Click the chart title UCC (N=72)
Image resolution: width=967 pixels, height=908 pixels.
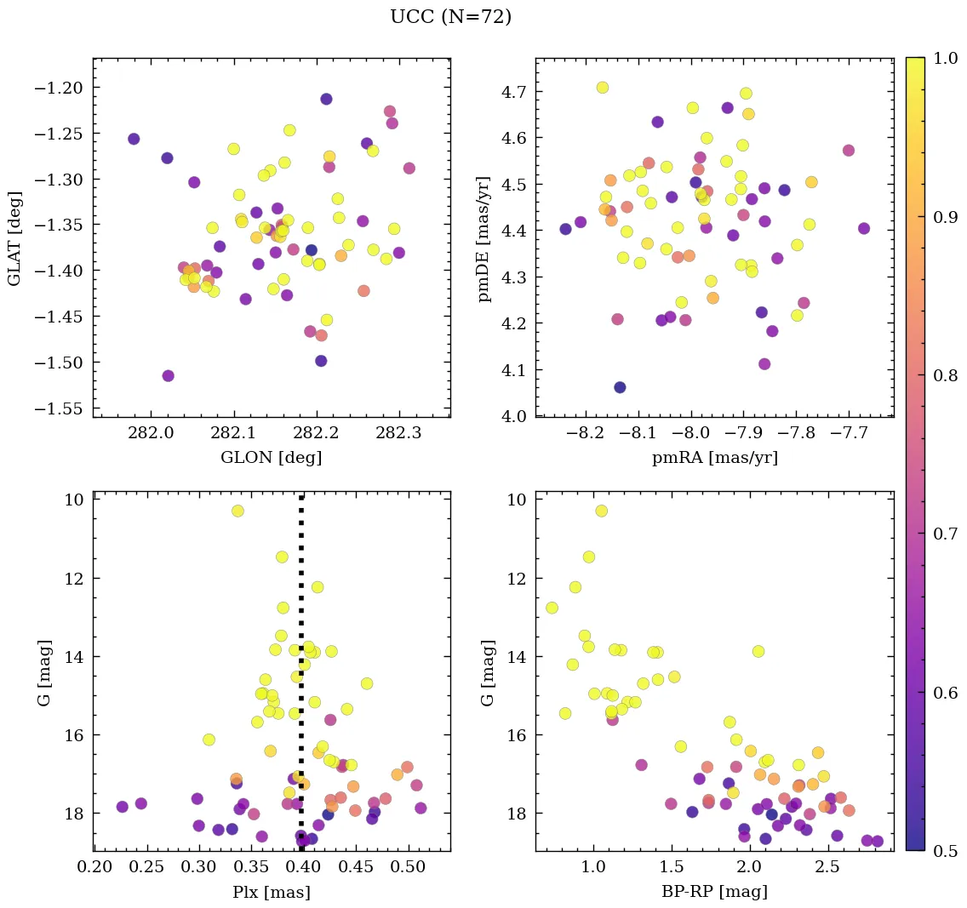450,17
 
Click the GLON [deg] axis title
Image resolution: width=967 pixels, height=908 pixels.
271,458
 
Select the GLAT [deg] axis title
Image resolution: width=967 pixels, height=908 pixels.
14,237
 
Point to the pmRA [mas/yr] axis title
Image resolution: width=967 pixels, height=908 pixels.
714,458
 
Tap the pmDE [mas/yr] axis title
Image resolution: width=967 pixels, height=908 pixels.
484,238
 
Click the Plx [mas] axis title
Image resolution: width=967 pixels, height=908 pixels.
271,892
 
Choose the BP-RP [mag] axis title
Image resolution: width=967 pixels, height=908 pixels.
714,892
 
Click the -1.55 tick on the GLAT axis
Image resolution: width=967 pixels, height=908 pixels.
64,408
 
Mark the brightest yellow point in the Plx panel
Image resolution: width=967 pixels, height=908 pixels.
237,511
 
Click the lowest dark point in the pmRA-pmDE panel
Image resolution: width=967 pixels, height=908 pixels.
620,387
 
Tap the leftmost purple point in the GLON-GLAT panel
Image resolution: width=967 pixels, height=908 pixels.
134,139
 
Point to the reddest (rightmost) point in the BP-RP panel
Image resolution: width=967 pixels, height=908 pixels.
878,841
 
